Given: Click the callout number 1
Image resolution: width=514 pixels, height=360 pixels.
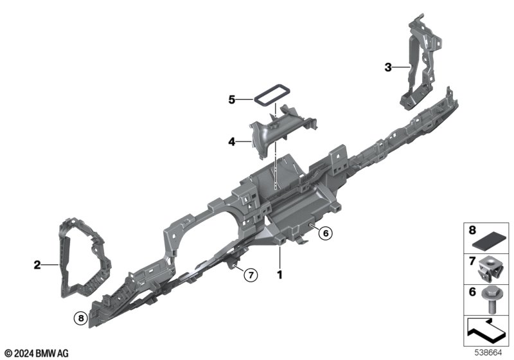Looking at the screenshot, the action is point(279,274).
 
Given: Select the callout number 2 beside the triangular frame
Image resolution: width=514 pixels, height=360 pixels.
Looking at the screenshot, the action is point(37,265).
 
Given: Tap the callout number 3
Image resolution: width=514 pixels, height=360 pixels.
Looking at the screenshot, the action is point(388,67).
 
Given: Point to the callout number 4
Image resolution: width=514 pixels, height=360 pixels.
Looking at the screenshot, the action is point(232,142).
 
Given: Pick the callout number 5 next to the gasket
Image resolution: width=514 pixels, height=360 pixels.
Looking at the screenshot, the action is point(232,100).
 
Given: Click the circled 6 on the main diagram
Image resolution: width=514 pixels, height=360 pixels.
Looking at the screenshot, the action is point(326,233).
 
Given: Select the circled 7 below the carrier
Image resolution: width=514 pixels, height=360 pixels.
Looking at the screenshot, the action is point(251,274).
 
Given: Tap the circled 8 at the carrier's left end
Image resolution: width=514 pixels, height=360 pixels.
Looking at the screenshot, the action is point(81,318).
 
